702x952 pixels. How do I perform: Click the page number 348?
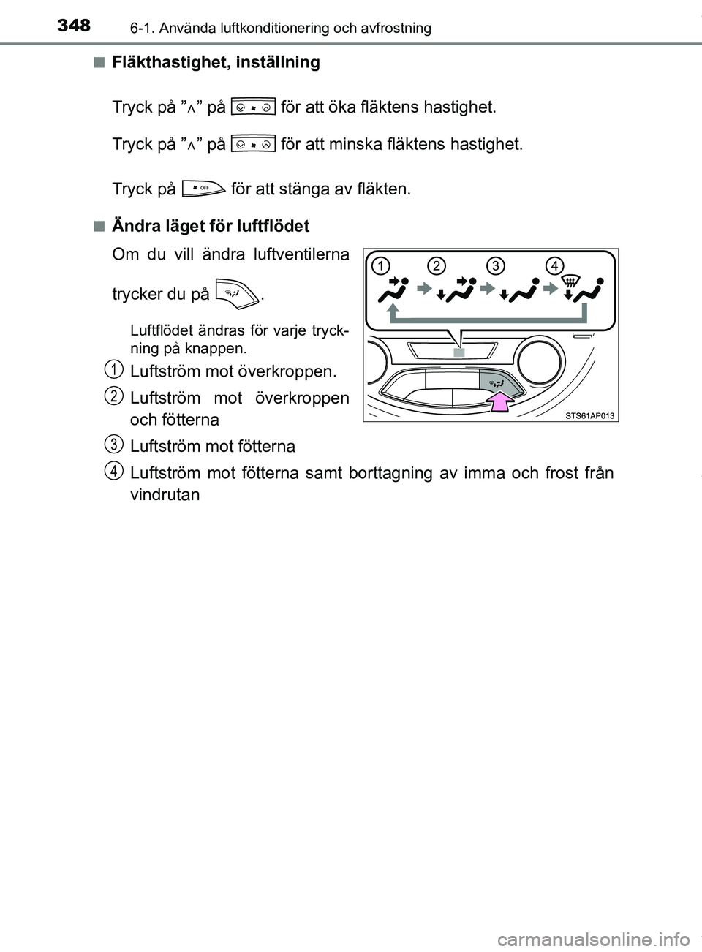[74, 26]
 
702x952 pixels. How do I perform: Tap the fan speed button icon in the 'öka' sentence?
[252, 107]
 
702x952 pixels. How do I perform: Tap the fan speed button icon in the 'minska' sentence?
[252, 144]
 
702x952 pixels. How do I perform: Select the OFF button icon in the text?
[203, 189]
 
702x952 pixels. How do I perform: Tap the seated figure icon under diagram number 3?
[525, 292]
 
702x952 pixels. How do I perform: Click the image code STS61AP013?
[590, 416]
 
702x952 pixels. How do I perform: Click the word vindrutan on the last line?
[164, 495]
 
